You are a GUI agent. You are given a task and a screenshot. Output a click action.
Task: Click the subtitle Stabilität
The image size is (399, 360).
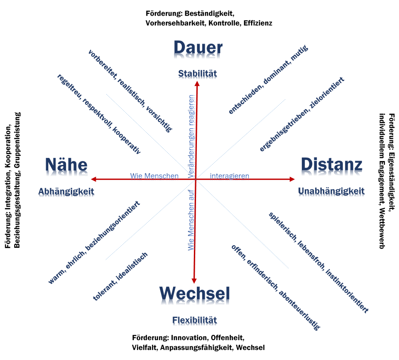197,74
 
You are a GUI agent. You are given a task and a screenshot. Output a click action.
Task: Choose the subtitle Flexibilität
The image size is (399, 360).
195,321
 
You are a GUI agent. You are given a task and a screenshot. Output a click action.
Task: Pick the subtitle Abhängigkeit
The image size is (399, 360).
66,191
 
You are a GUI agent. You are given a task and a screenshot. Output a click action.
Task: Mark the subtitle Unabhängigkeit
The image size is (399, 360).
331,191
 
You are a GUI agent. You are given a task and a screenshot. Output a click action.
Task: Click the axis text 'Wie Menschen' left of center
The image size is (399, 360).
154,177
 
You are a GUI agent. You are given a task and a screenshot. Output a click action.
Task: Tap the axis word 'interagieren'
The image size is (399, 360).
229,177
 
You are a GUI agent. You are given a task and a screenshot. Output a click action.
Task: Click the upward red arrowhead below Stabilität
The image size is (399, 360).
197,84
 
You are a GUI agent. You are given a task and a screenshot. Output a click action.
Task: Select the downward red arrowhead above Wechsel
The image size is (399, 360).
194,281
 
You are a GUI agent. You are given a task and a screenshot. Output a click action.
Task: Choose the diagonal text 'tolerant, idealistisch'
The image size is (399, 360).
120,276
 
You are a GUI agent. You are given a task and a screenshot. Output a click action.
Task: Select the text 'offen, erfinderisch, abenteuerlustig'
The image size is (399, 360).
275,287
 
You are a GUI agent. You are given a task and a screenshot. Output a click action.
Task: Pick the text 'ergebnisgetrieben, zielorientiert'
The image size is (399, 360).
302,114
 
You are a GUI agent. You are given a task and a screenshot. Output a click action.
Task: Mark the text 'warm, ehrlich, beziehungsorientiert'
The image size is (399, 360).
94,243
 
